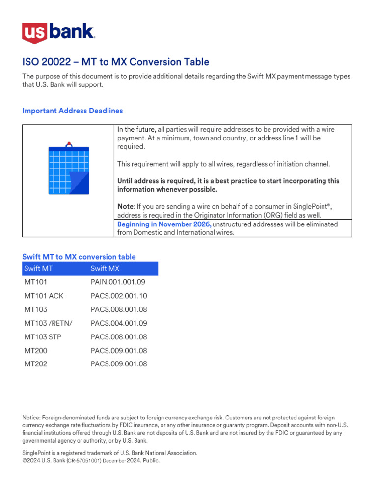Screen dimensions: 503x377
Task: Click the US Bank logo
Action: pyautogui.click(x=58, y=33)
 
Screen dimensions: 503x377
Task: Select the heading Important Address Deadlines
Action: pyautogui.click(x=72, y=111)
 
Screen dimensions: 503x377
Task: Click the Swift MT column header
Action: pyautogui.click(x=38, y=269)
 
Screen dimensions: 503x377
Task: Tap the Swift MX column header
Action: pyautogui.click(x=105, y=269)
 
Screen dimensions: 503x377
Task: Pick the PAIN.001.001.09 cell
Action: pyautogui.click(x=118, y=282)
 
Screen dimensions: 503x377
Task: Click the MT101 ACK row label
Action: pyautogui.click(x=44, y=296)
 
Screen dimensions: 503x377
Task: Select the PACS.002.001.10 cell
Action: pyautogui.click(x=119, y=296)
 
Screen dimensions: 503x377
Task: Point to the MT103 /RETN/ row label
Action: pyautogui.click(x=48, y=323)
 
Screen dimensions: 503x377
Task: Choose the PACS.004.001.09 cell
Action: pyautogui.click(x=119, y=323)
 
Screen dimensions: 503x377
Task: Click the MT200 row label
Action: pyautogui.click(x=36, y=351)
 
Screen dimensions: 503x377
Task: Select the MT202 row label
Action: pyautogui.click(x=36, y=364)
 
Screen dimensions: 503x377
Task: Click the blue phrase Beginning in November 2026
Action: pyautogui.click(x=164, y=224)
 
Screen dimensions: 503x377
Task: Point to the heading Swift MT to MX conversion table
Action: pyautogui.click(x=79, y=257)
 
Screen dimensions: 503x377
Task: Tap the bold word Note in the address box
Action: pyautogui.click(x=125, y=207)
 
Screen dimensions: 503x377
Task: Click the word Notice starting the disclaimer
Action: pyautogui.click(x=31, y=418)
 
